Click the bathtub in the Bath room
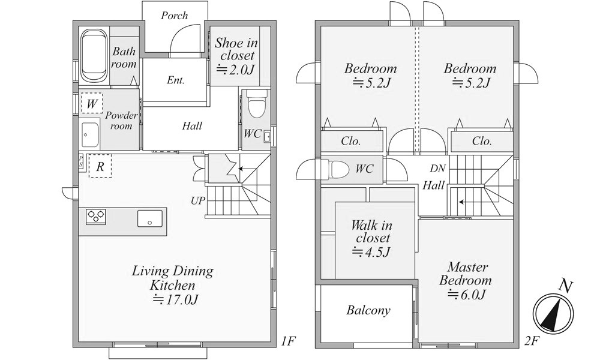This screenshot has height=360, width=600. [x=94, y=56]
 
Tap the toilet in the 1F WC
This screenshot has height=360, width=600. [x=257, y=103]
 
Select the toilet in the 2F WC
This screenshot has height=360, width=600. [x=338, y=169]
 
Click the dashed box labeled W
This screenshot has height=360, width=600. [x=91, y=103]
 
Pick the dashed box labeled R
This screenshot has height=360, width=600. [x=100, y=166]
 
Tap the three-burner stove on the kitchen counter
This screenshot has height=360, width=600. [x=95, y=217]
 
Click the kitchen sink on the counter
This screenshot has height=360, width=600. [x=149, y=218]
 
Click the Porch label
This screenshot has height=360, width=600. [x=174, y=16]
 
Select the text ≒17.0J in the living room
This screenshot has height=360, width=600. [x=175, y=299]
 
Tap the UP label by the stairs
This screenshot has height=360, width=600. [x=198, y=200]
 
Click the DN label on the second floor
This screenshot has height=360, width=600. [x=437, y=169]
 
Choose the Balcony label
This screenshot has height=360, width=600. [x=368, y=310]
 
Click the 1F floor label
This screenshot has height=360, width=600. [x=288, y=340]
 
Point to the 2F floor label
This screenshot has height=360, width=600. [x=531, y=340]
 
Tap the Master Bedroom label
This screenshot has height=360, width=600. [x=466, y=274]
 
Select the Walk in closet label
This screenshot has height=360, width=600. [x=371, y=232]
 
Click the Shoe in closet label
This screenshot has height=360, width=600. [x=236, y=49]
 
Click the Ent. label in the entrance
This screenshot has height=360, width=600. [x=176, y=80]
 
